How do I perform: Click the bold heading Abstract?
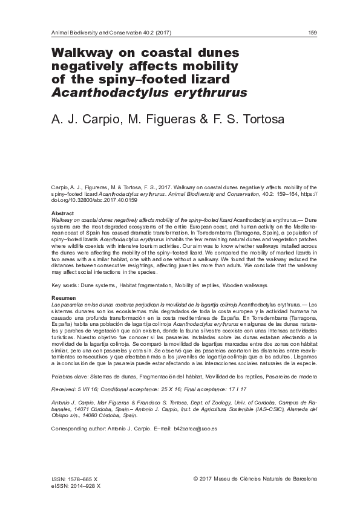[62, 215]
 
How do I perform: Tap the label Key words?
[65, 284]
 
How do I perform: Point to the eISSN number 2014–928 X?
[77, 485]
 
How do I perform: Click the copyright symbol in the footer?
[195, 479]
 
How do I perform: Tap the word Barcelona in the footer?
[299, 479]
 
